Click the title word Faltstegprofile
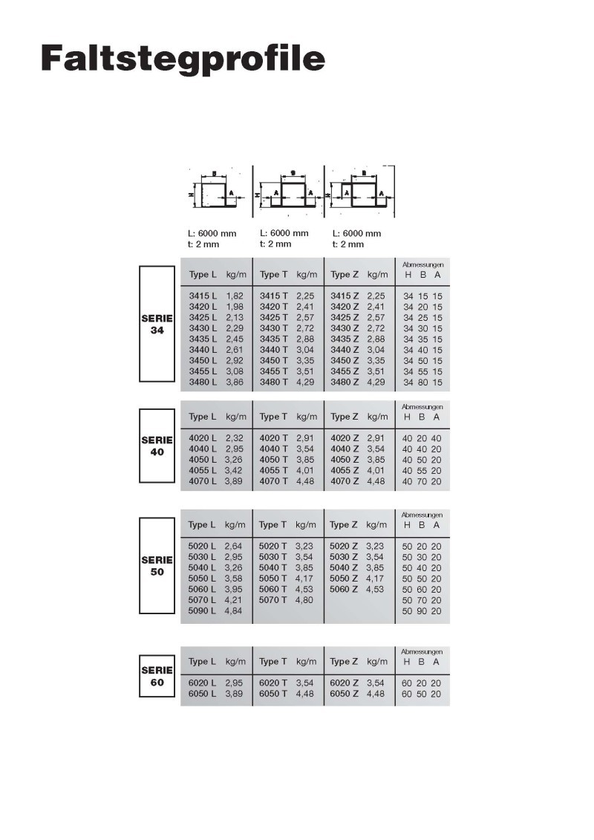(183, 58)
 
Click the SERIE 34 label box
(157, 325)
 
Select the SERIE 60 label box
(157, 676)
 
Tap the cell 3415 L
(203, 296)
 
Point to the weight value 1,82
(235, 296)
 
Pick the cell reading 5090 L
(203, 611)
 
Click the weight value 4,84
(235, 611)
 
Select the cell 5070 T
(273, 599)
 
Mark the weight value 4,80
(305, 599)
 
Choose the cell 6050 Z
(345, 694)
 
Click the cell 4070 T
(274, 481)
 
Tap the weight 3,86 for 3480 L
(235, 382)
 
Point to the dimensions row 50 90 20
(422, 611)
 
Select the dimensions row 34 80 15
(422, 382)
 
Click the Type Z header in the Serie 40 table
(345, 417)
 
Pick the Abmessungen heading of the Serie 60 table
(422, 651)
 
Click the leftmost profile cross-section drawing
(215, 192)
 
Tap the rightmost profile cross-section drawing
(362, 190)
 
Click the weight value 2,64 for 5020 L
(235, 546)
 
